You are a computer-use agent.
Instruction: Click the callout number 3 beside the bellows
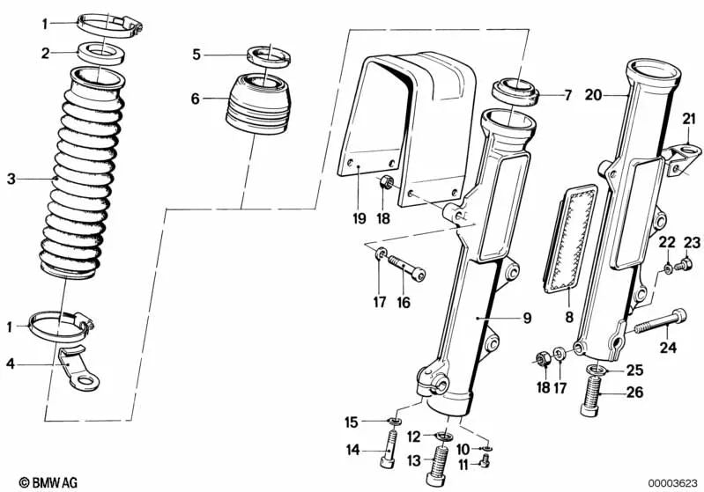[x=11, y=180]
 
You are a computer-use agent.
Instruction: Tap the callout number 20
[x=593, y=96]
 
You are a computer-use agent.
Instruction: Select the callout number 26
[x=635, y=393]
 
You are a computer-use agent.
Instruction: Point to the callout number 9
[x=527, y=318]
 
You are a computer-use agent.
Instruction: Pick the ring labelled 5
[x=269, y=56]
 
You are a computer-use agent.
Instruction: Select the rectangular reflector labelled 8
[x=570, y=239]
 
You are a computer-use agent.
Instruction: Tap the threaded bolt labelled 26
[x=592, y=397]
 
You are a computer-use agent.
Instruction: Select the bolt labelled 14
[x=389, y=449]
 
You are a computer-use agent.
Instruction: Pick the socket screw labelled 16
[x=406, y=268]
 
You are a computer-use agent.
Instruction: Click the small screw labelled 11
[x=484, y=460]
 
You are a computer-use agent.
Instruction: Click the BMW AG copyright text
[x=48, y=482]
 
